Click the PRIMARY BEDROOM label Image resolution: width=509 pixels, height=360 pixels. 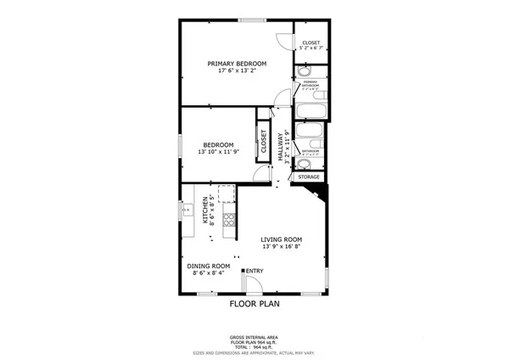click(238, 64)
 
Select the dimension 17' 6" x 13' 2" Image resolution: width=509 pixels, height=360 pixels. click(238, 71)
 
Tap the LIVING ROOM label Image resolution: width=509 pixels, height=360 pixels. click(282, 239)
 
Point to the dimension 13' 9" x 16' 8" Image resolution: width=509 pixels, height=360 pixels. click(282, 247)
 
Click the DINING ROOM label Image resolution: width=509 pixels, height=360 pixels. click(209, 266)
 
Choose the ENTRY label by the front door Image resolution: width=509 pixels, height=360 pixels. click(255, 272)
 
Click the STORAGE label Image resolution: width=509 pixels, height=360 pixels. click(309, 177)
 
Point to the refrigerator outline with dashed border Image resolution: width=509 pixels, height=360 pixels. click(226, 194)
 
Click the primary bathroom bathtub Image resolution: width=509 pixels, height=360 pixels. click(310, 110)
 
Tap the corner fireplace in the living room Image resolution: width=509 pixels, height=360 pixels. click(316, 196)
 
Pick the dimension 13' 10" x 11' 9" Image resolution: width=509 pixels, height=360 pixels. click(221, 152)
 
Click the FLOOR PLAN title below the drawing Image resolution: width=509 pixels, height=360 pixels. click(255, 302)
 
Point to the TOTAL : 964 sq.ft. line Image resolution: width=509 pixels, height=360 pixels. click(255, 346)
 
